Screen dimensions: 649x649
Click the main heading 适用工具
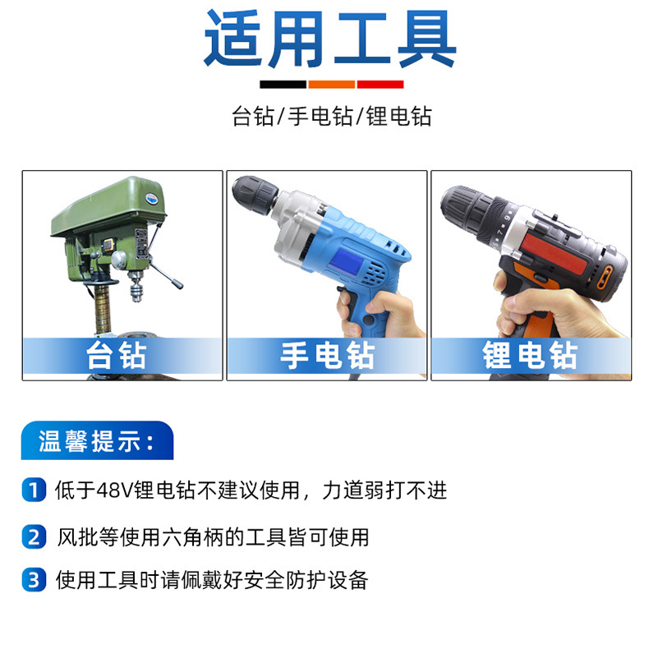(330, 39)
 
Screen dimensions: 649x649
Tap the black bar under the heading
(283, 85)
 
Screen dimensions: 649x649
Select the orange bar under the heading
(332, 85)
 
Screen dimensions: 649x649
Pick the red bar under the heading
(380, 85)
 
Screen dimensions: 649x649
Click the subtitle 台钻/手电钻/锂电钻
(332, 116)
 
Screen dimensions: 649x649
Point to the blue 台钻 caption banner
(122, 356)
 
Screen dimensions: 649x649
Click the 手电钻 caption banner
(327, 356)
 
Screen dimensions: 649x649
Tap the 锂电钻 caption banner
(531, 356)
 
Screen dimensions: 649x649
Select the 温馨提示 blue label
(97, 440)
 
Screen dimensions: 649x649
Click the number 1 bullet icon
(34, 490)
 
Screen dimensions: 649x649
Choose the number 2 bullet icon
(34, 536)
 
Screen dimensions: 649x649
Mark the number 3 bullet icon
(34, 579)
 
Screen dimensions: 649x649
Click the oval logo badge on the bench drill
(154, 198)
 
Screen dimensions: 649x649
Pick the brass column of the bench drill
(102, 309)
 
